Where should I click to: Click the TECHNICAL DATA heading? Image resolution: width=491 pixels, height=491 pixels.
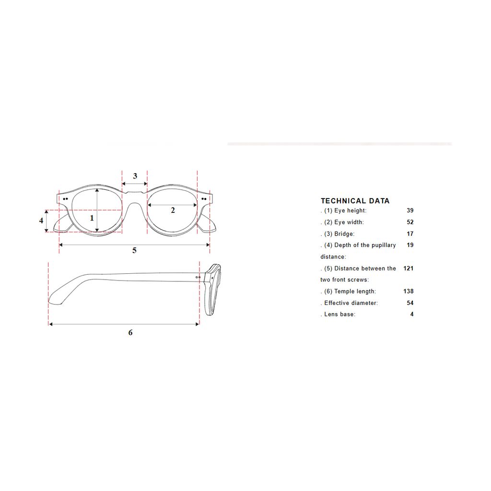click(355, 201)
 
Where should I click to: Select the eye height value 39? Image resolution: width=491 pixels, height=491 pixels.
click(410, 210)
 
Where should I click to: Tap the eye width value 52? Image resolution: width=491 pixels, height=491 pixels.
click(410, 222)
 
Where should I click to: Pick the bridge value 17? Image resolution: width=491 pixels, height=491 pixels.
click(410, 234)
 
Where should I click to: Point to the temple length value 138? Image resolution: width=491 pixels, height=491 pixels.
click(409, 291)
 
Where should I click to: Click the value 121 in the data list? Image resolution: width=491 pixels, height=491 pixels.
click(409, 269)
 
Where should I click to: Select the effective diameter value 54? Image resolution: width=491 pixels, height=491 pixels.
click(410, 303)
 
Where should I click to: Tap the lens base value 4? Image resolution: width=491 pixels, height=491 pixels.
click(412, 314)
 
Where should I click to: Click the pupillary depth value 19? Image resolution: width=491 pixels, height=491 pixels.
click(410, 245)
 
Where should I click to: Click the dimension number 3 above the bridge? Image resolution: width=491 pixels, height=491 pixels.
click(135, 175)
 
